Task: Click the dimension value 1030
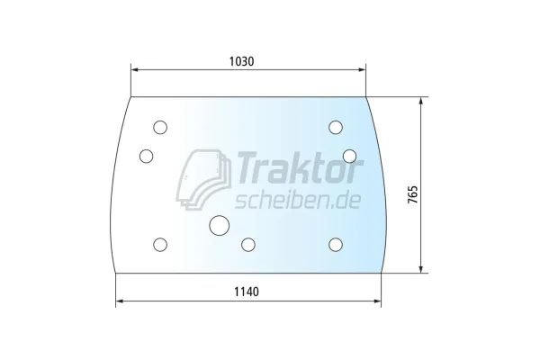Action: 241,61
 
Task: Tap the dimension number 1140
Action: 247,292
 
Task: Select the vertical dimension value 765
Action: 412,194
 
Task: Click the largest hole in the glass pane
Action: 219,226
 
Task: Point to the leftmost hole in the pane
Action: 147,156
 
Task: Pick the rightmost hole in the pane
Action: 349,156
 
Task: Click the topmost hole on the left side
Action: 160,128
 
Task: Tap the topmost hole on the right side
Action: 336,128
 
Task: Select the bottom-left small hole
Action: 160,245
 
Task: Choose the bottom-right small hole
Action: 336,245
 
